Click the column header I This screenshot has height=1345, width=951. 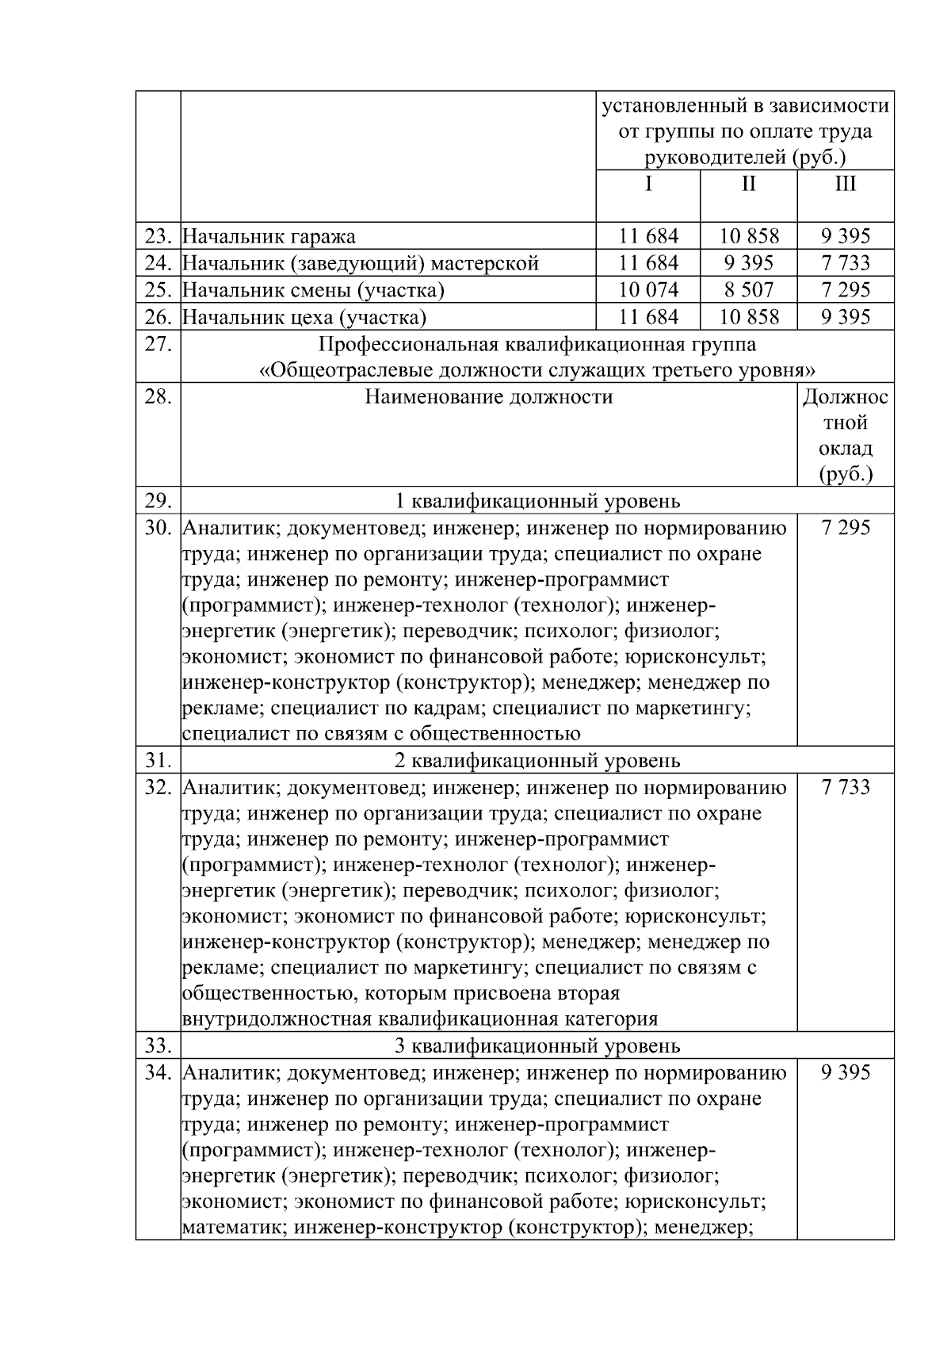pyautogui.click(x=648, y=185)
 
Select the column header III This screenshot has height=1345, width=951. pyautogui.click(x=846, y=185)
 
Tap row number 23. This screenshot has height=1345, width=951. pyautogui.click(x=158, y=236)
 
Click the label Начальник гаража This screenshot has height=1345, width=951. pyautogui.click(x=269, y=236)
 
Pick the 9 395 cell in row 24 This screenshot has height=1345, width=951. pyautogui.click(x=748, y=263)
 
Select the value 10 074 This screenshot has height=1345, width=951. pyautogui.click(x=648, y=290)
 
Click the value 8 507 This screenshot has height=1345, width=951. pyautogui.click(x=748, y=290)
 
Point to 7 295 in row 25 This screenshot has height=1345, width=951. pyautogui.click(x=846, y=290)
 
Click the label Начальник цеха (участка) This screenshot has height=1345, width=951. pyautogui.click(x=304, y=318)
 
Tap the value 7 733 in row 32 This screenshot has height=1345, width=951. pyautogui.click(x=846, y=787)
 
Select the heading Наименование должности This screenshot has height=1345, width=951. pyautogui.click(x=488, y=397)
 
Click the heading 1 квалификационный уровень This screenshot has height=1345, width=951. pyautogui.click(x=537, y=501)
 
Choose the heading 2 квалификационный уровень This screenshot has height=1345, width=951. pyautogui.click(x=537, y=761)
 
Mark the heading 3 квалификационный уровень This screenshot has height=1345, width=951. pyautogui.click(x=537, y=1046)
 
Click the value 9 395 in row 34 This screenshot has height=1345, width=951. pyautogui.click(x=846, y=1072)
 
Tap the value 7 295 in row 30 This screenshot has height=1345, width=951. pyautogui.click(x=846, y=528)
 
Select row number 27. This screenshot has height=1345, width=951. pyautogui.click(x=158, y=345)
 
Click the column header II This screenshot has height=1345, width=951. pyautogui.click(x=748, y=185)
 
